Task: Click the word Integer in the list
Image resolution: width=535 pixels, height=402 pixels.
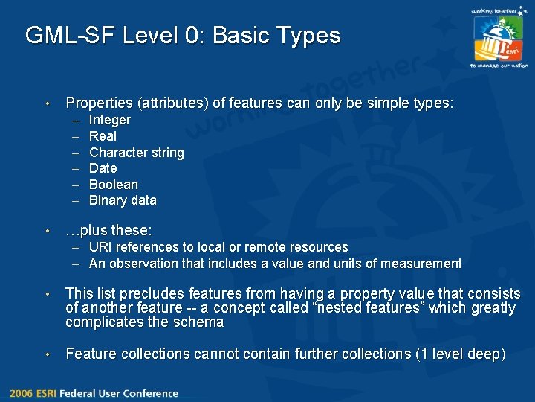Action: (x=109, y=120)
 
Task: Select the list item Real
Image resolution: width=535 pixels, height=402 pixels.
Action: (x=103, y=136)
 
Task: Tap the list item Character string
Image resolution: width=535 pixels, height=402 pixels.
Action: (x=136, y=153)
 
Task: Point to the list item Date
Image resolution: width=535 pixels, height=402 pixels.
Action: (x=103, y=168)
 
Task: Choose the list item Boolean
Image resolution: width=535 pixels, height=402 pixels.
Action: (x=113, y=185)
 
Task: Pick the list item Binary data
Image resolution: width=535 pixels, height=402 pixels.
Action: (x=123, y=200)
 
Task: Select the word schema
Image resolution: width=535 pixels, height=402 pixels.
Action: (x=202, y=322)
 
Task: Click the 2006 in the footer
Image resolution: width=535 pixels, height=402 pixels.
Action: (x=21, y=393)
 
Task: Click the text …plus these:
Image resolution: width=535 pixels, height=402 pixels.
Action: (x=108, y=231)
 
